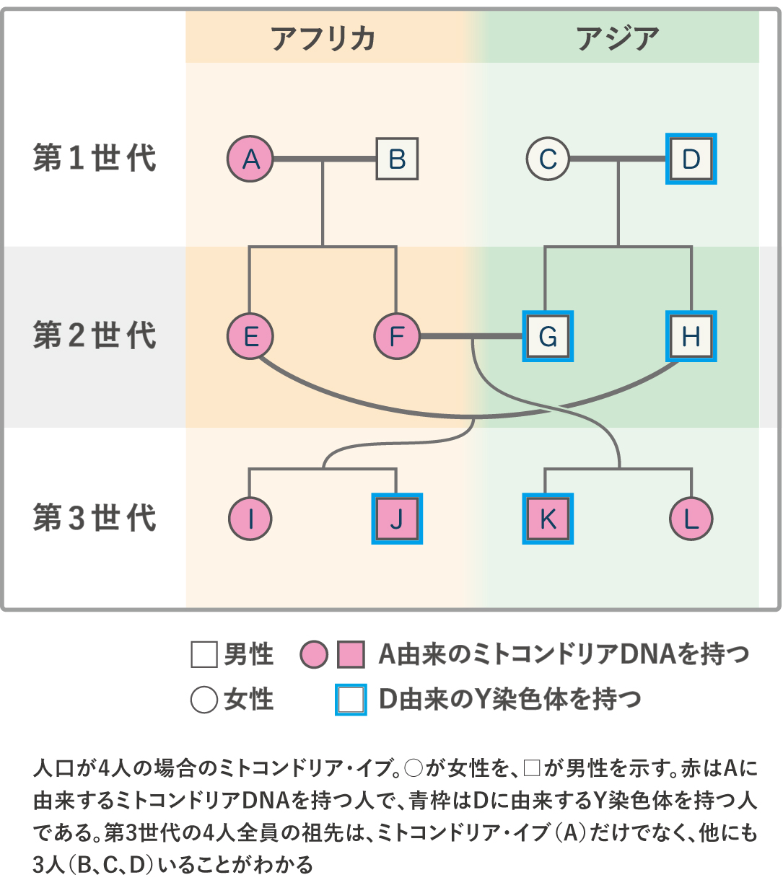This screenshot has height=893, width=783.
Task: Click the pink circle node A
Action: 250,159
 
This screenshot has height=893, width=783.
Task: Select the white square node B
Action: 397,159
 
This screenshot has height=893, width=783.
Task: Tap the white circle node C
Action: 548,159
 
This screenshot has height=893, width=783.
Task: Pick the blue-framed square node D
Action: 691,159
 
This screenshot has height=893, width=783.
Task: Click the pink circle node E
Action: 250,336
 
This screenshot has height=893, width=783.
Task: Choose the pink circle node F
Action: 397,336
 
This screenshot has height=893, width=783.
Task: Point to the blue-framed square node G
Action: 548,336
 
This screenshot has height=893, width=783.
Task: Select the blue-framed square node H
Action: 691,336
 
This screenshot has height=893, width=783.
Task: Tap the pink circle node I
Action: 250,519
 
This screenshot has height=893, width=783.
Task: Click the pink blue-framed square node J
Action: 397,519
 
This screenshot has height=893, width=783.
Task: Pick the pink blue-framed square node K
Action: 548,519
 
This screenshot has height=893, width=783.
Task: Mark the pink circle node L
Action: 691,519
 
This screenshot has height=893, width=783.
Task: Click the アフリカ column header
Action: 323,38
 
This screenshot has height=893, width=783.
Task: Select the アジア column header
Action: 618,38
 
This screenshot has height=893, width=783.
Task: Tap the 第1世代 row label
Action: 95,158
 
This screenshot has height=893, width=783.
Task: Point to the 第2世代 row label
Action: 95,335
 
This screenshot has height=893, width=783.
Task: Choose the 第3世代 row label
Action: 95,518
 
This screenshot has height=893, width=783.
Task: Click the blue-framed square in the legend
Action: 351,699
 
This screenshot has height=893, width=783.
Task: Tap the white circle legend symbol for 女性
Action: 204,699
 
